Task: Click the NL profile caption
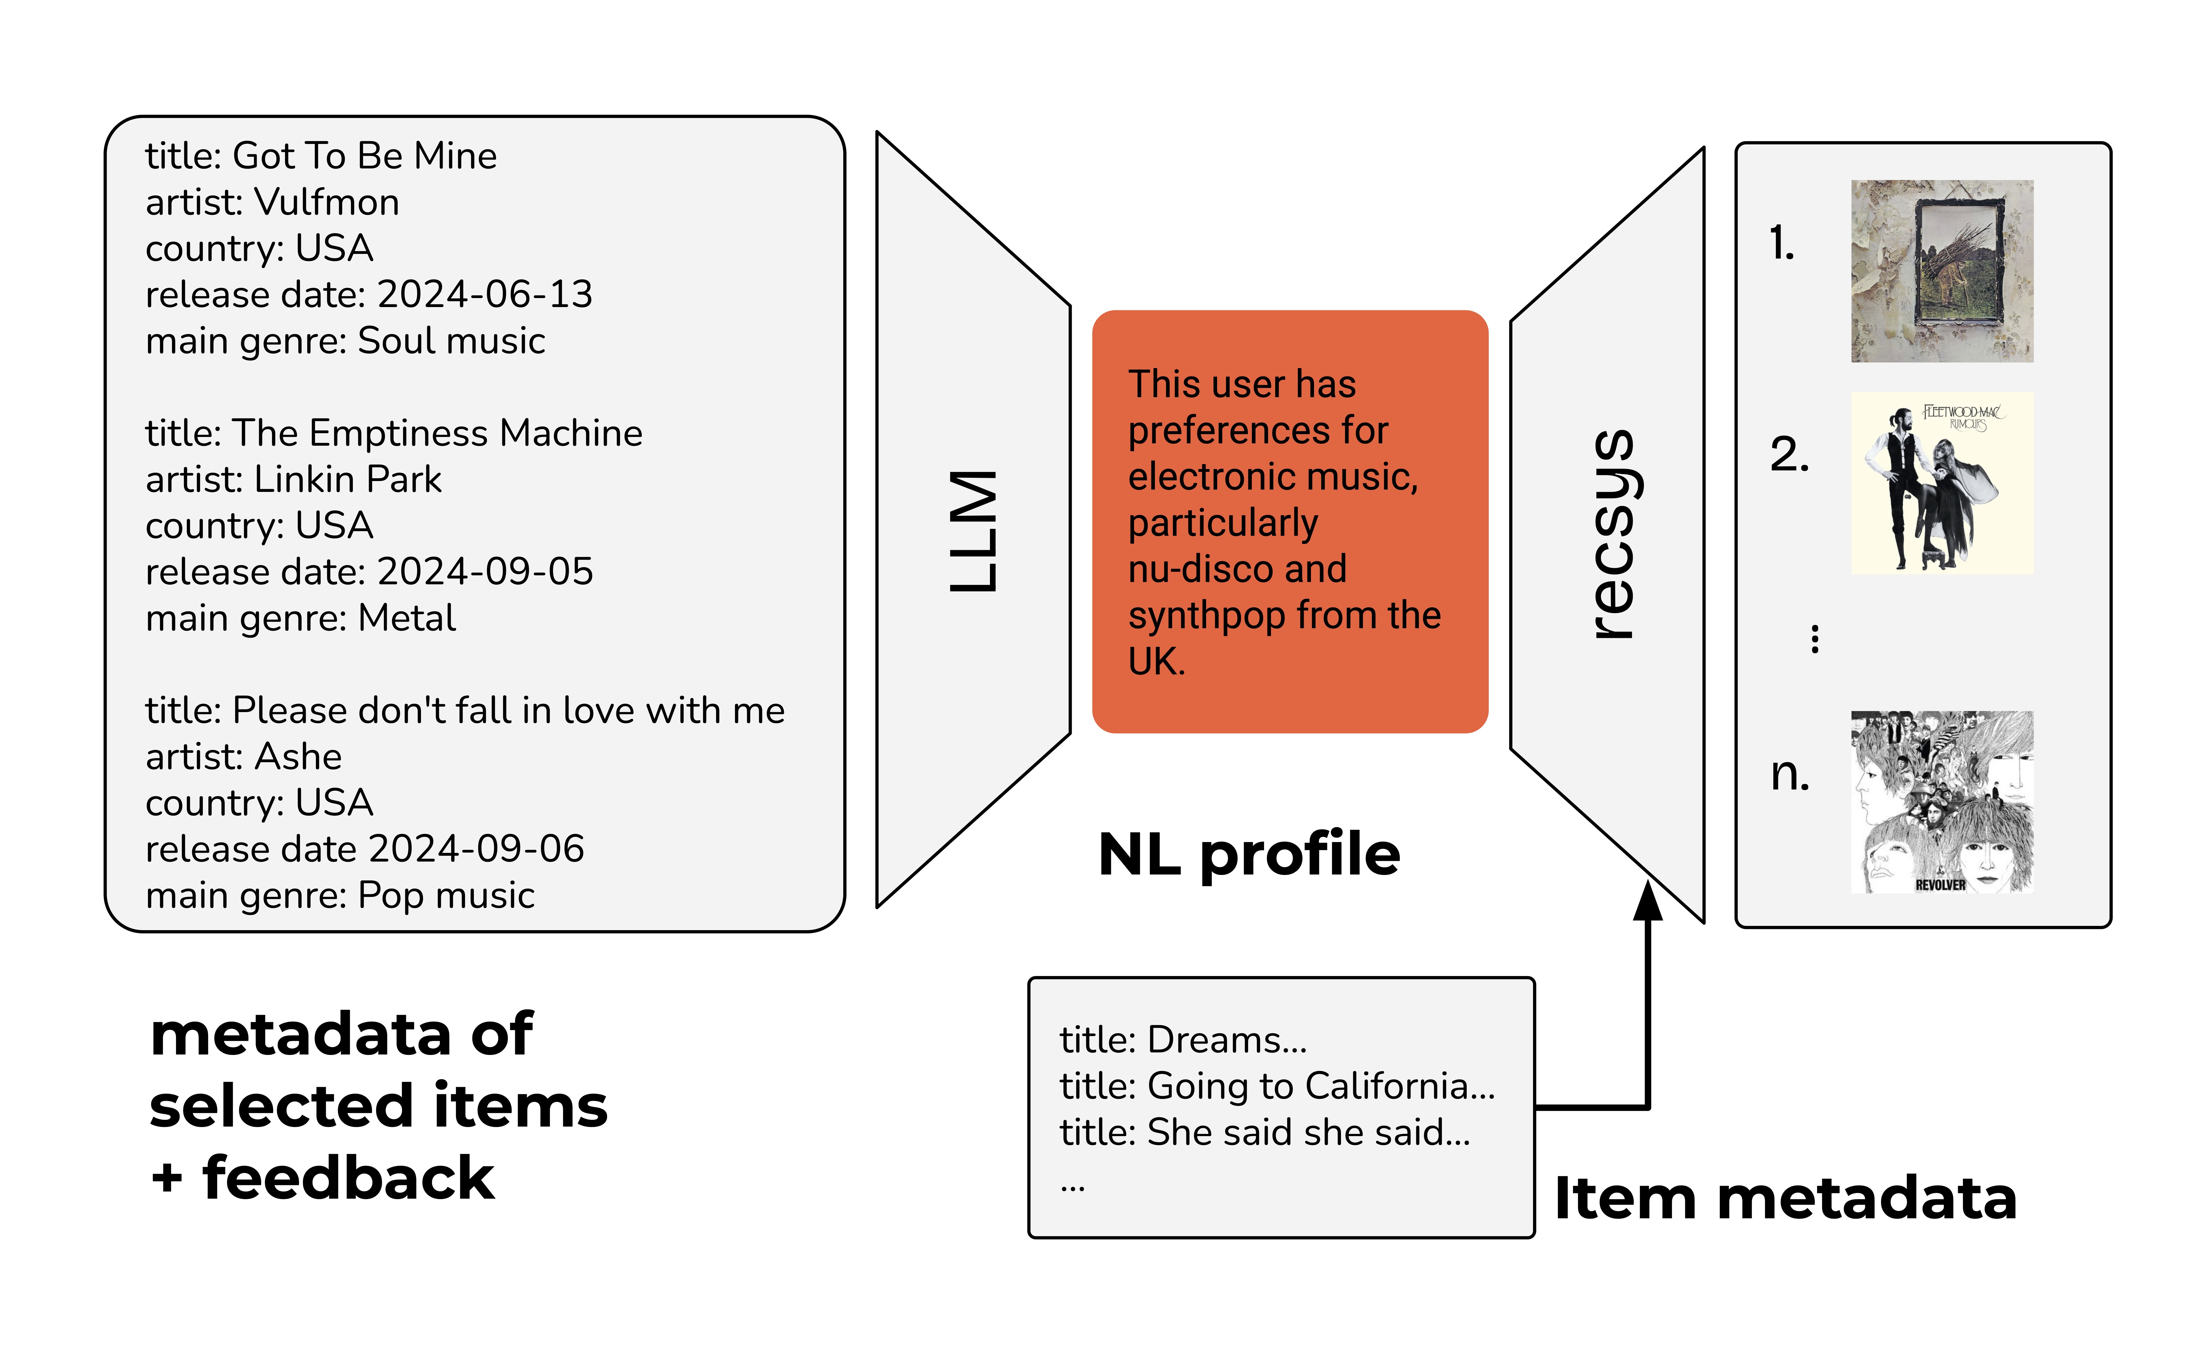click(1249, 855)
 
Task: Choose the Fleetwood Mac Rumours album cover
click(1942, 483)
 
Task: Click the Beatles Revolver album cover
click(1942, 802)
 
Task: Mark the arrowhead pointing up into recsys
click(1648, 902)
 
